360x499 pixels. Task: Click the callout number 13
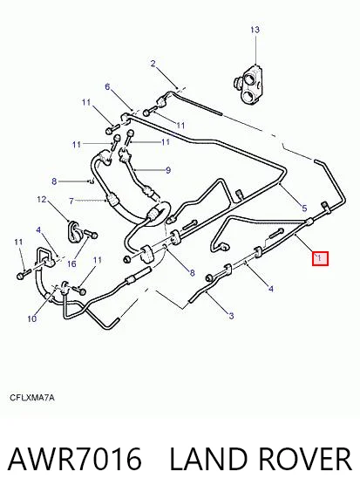(255, 30)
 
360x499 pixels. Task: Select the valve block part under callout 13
(248, 84)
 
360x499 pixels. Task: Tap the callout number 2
(153, 64)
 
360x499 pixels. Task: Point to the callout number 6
(107, 86)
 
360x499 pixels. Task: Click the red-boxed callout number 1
(320, 259)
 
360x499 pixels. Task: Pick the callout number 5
(304, 208)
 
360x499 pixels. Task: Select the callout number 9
(168, 170)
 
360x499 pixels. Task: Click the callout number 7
(71, 202)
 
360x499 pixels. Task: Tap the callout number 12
(42, 200)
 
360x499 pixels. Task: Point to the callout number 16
(71, 263)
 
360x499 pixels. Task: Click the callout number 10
(32, 318)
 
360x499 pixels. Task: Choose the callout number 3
(231, 316)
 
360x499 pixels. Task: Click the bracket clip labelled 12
(74, 230)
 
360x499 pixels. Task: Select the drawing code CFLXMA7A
(32, 398)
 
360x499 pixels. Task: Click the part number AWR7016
(74, 459)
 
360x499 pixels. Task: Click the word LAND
(208, 459)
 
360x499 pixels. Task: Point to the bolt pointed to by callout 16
(91, 236)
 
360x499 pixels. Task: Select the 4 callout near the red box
(270, 289)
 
